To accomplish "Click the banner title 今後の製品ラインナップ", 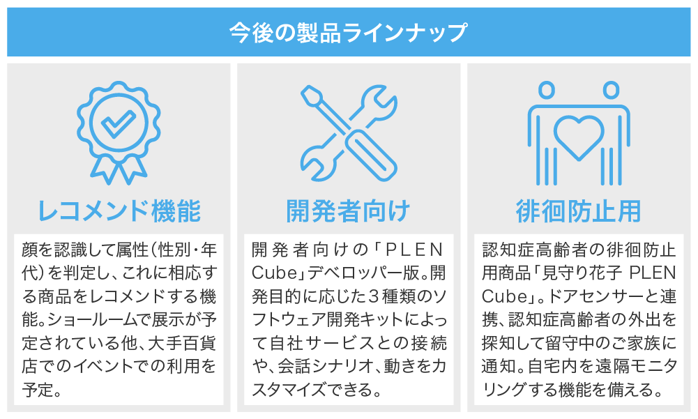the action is click(348, 33).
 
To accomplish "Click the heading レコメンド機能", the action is click(119, 211).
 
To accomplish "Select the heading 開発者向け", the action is click(348, 211).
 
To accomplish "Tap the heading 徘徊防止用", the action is click(578, 211).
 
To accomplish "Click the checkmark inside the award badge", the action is click(119, 123).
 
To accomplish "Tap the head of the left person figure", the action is click(547, 89).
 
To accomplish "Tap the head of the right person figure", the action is click(612, 89).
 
